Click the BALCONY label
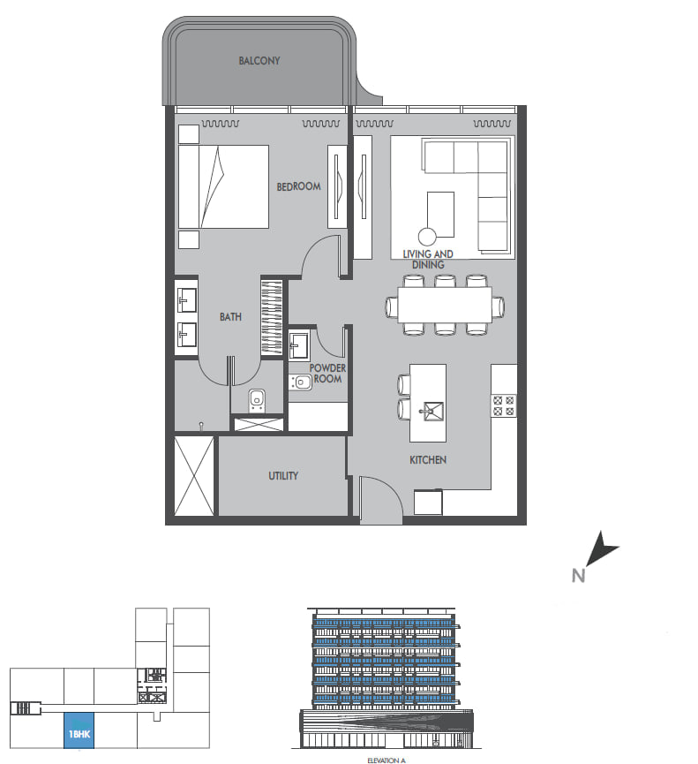(x=259, y=61)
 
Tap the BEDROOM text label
(x=298, y=186)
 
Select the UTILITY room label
(x=283, y=475)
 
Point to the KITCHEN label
(x=428, y=460)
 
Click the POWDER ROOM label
(x=327, y=374)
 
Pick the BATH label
(x=230, y=317)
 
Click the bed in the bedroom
(x=223, y=186)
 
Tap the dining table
(x=445, y=305)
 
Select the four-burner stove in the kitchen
(x=503, y=405)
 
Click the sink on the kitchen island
(x=432, y=412)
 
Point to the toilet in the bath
(x=257, y=400)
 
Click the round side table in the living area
(x=427, y=237)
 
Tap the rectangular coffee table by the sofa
(x=440, y=215)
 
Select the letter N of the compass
(x=578, y=576)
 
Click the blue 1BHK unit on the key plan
(x=79, y=730)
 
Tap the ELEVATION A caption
(x=387, y=760)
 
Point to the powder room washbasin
(x=299, y=346)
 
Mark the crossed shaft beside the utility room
(x=194, y=475)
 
